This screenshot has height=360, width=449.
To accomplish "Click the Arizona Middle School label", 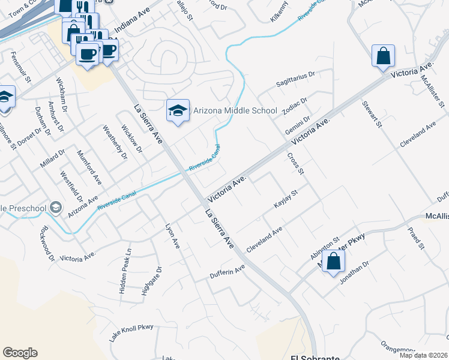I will [x=235, y=110].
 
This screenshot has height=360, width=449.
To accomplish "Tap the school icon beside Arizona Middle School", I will [x=177, y=110].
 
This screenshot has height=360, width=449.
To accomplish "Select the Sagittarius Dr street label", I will [x=295, y=76].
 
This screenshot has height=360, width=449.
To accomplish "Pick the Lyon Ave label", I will [x=172, y=236].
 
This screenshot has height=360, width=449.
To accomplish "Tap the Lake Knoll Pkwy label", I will [x=131, y=334].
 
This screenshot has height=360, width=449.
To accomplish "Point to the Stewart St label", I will [x=372, y=114].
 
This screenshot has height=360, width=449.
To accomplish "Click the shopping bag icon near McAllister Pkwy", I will [x=333, y=262].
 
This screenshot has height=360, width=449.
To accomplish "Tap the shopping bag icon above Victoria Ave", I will [x=382, y=56].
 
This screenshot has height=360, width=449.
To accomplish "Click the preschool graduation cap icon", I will [x=56, y=207].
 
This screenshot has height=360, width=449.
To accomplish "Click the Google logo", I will [x=20, y=353].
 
